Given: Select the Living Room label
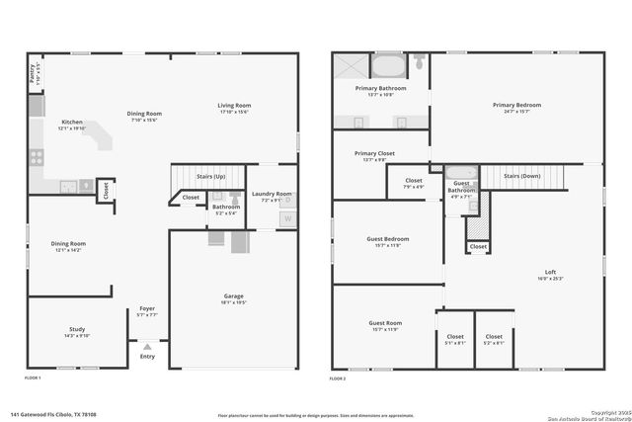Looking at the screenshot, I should click(x=234, y=105).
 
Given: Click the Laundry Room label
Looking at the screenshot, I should click(x=272, y=194).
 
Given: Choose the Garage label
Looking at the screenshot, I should click(x=235, y=296).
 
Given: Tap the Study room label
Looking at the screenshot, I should click(x=77, y=329).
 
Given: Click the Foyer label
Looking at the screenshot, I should click(x=147, y=308).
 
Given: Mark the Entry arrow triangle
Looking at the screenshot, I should click(x=147, y=347).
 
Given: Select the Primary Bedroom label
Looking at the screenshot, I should click(x=517, y=105).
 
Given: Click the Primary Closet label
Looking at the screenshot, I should click(x=374, y=154).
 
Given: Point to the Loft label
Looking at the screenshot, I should click(x=551, y=272).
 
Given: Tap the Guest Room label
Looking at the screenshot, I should click(x=385, y=323).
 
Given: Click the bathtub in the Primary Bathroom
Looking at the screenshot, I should click(x=387, y=67).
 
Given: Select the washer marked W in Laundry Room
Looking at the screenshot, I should click(x=288, y=218).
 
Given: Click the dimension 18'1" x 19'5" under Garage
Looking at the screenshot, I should click(x=235, y=303).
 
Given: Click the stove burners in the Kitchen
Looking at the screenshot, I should click(x=38, y=156).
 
